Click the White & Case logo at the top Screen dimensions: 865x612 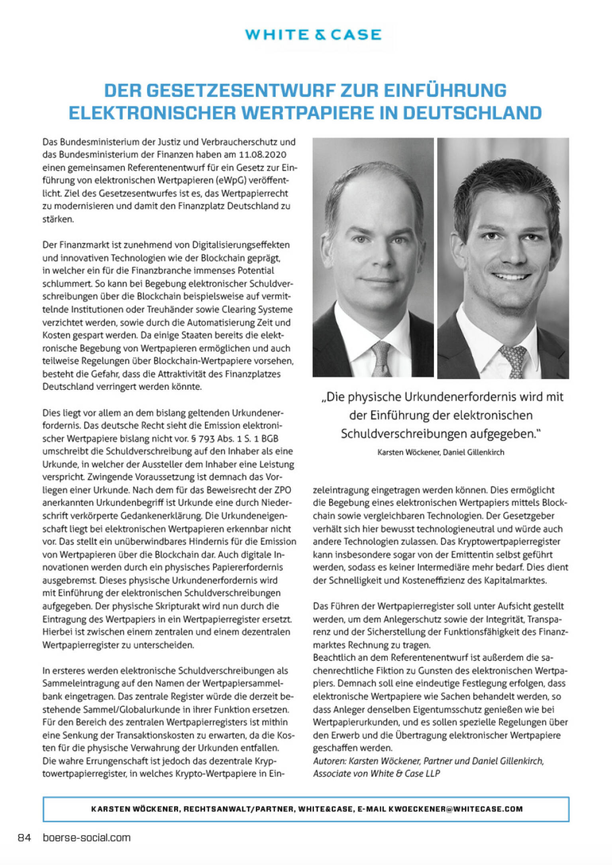(313, 35)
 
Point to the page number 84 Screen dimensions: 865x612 (24, 838)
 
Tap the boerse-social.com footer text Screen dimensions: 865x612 (86, 838)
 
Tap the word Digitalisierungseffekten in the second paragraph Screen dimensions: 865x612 (241, 245)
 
